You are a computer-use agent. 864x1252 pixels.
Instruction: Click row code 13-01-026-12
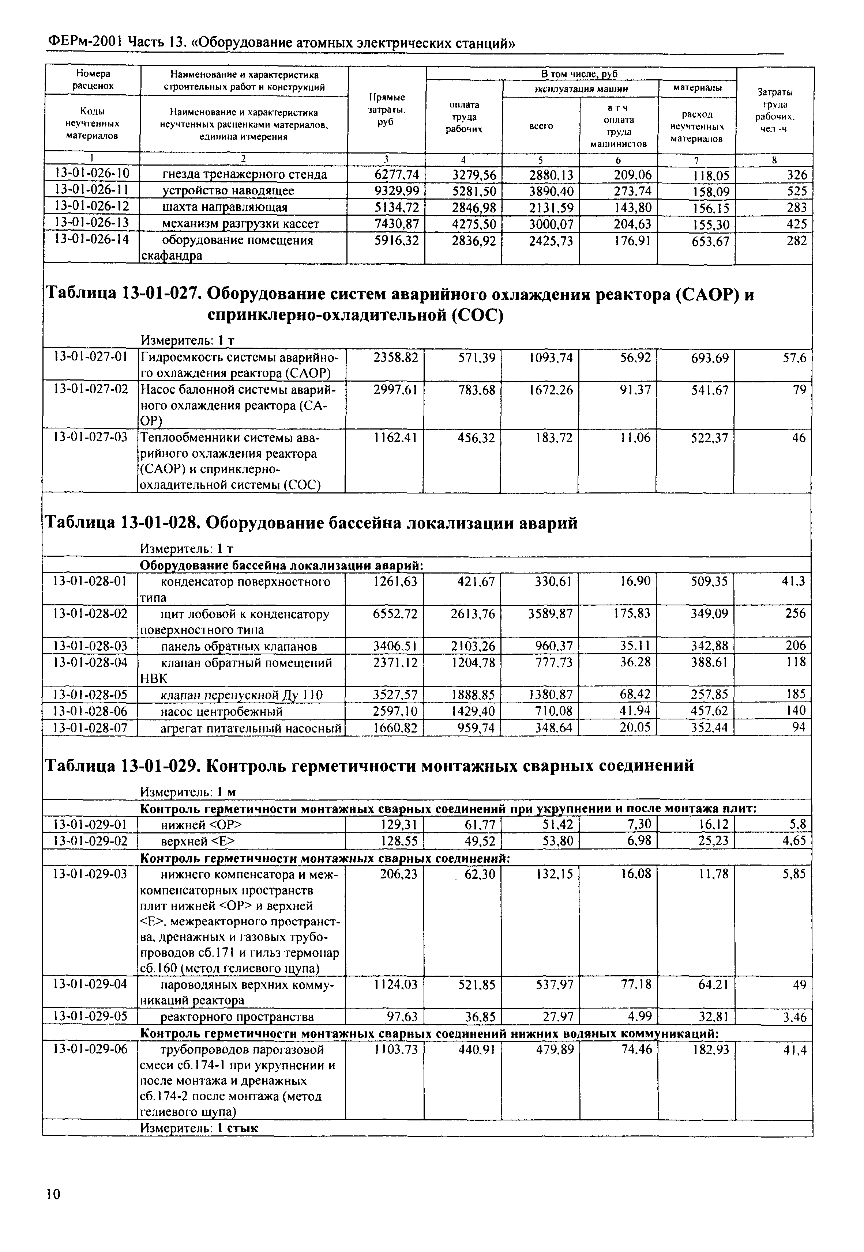[93, 207]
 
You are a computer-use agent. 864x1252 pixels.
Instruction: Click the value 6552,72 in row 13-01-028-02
[396, 614]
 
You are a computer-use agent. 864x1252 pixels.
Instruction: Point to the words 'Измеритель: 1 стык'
[199, 1128]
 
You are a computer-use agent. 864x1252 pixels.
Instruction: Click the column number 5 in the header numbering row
[540, 160]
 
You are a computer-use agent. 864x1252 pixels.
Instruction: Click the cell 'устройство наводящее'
[228, 191]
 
